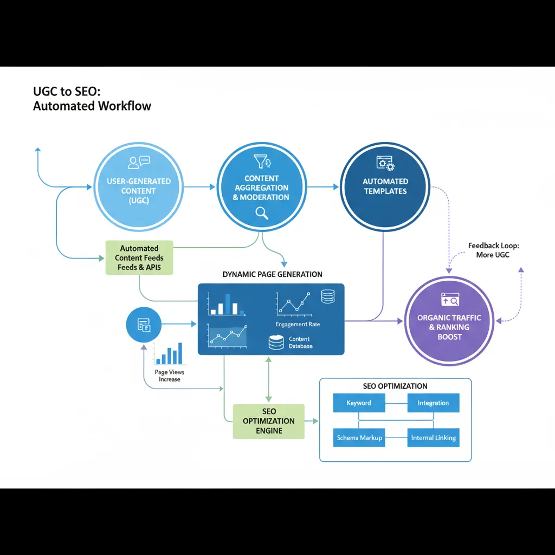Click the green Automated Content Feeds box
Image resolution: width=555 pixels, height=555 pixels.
[x=139, y=257]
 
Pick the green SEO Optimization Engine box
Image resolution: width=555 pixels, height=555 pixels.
[x=269, y=421]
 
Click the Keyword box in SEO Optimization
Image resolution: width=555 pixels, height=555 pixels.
[x=358, y=403]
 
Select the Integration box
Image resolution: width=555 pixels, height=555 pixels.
[x=433, y=403]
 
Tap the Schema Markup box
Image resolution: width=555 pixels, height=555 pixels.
[x=359, y=437]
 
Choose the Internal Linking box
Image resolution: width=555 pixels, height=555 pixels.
[x=433, y=437]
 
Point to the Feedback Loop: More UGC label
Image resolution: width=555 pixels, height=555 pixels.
[x=493, y=250]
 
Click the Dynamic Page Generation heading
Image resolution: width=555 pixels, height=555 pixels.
[x=272, y=274]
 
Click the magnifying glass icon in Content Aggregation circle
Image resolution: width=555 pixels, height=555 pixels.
[x=262, y=212]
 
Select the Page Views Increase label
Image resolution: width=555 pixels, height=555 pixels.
[x=169, y=376]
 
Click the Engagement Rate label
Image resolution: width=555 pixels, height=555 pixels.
[x=298, y=324]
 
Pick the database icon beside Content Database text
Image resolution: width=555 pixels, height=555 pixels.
[x=276, y=342]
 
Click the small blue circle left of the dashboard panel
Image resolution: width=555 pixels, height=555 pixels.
[x=143, y=325]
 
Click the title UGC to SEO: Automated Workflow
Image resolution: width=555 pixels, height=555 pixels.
[x=92, y=99]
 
